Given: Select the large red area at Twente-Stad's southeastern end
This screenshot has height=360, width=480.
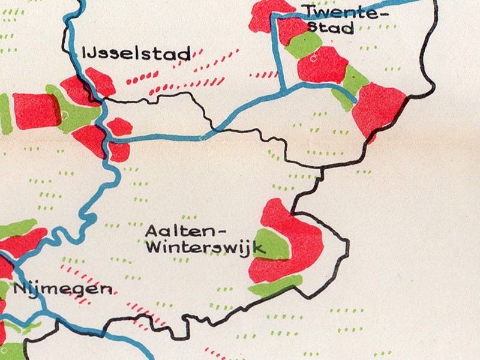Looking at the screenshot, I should [379, 108].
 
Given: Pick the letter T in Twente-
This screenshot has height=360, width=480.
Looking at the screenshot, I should [308, 11].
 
